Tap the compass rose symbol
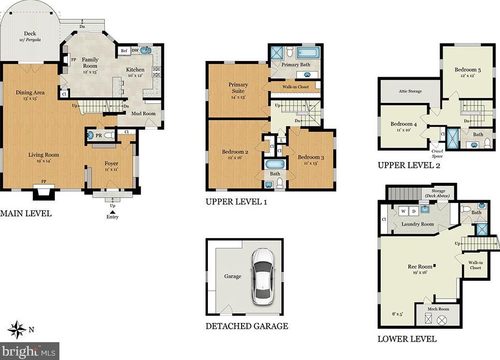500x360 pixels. click(x=17, y=329)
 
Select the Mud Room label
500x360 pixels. click(x=144, y=113)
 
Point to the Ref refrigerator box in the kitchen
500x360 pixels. click(x=124, y=51)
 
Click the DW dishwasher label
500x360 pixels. click(x=135, y=51)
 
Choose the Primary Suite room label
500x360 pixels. click(x=238, y=88)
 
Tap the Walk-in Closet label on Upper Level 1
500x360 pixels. click(x=296, y=87)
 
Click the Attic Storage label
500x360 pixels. click(x=410, y=91)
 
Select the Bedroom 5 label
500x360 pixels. click(x=468, y=70)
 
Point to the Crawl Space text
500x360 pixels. click(x=437, y=154)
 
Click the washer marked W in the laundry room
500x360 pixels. click(x=403, y=211)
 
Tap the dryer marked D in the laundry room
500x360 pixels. click(x=414, y=211)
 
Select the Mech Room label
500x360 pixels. click(x=438, y=309)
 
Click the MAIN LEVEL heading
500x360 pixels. click(x=26, y=213)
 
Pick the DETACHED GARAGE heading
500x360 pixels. click(x=247, y=326)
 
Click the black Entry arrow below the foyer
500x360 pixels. click(x=112, y=212)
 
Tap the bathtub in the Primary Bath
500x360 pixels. click(x=308, y=52)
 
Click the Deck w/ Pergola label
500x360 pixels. click(x=30, y=36)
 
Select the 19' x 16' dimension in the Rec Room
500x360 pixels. click(x=420, y=272)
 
